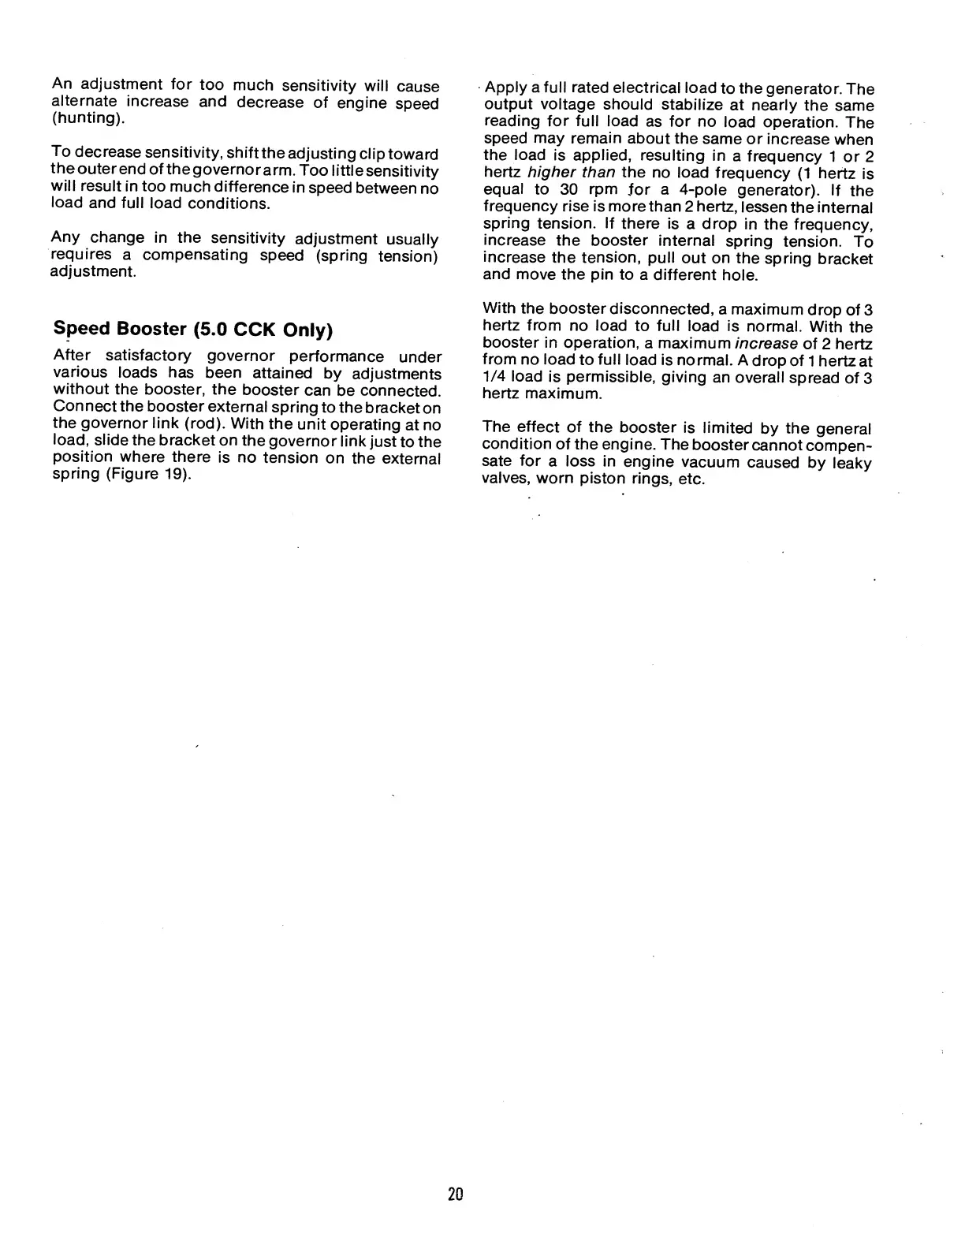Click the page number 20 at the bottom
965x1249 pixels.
(x=456, y=1195)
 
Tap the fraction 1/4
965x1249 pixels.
(x=494, y=377)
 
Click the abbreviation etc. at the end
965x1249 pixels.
(x=691, y=479)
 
